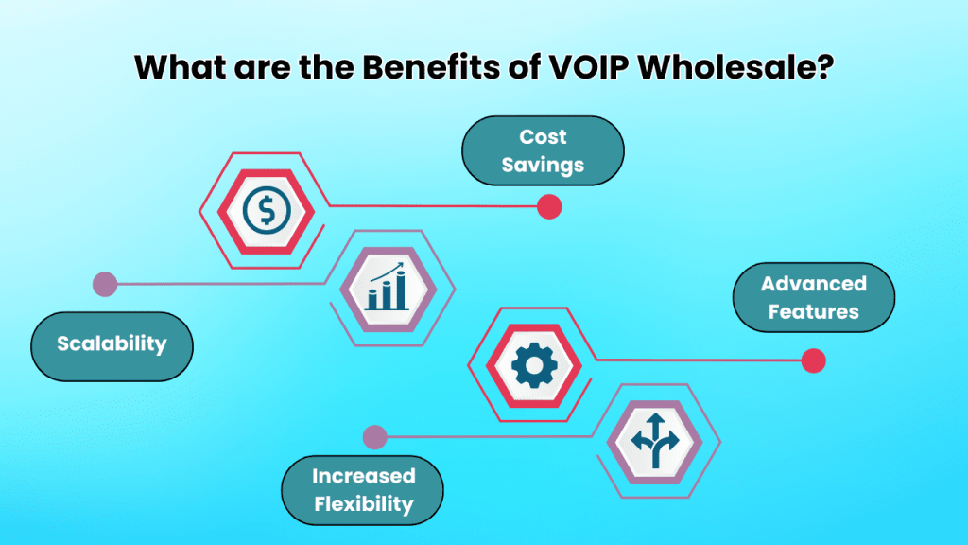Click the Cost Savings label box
click(543, 151)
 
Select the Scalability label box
click(112, 344)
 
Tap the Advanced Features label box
click(814, 297)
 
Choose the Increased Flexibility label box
click(363, 489)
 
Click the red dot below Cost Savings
click(549, 207)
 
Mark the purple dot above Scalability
click(105, 284)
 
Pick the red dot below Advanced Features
click(813, 360)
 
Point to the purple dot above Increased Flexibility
click(375, 437)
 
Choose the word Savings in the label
click(543, 165)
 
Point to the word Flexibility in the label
click(363, 503)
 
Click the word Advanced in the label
click(814, 284)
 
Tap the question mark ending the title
click(823, 67)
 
